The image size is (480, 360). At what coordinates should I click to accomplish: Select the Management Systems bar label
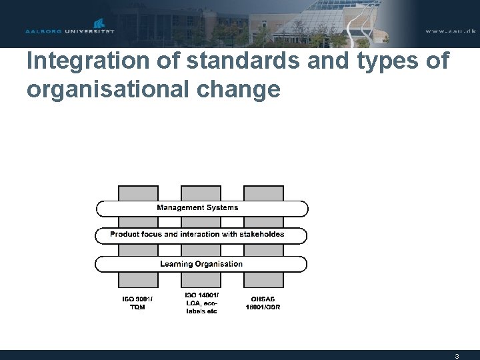(197, 207)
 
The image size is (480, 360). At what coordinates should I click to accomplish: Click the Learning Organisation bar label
(201, 264)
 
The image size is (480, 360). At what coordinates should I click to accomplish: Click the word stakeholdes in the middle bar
(263, 235)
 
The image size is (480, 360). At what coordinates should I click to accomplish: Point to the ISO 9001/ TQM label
(137, 302)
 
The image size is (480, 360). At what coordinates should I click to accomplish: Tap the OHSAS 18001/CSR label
(263, 302)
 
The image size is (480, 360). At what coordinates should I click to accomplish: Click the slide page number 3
(457, 356)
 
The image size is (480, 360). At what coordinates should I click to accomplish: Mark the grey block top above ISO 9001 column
(138, 192)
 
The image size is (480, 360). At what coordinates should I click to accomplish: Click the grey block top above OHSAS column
(263, 192)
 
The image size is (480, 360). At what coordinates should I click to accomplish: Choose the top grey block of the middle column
(201, 192)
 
